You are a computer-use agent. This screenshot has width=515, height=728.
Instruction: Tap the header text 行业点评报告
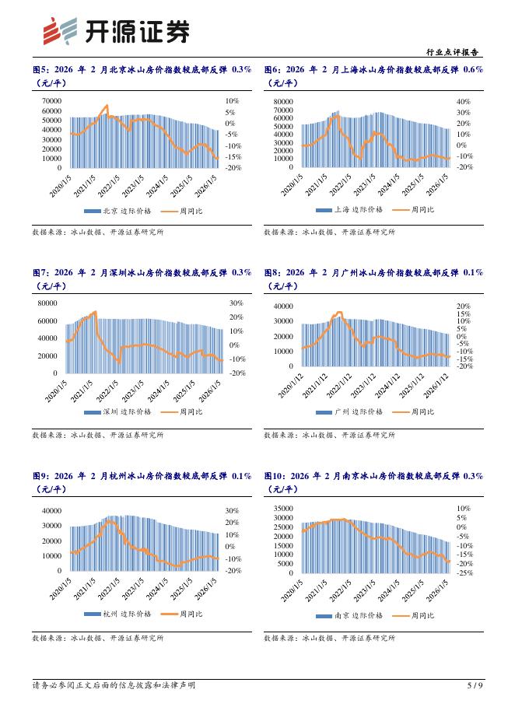454,52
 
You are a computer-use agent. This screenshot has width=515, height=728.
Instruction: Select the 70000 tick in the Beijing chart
51,101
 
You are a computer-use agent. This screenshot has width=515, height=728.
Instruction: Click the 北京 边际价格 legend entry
118,210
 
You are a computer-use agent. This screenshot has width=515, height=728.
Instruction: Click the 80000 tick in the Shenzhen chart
51,303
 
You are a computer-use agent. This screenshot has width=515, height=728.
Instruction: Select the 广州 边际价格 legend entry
349,411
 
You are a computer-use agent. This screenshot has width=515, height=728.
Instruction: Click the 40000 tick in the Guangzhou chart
282,306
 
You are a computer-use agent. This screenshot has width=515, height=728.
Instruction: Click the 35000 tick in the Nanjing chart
282,508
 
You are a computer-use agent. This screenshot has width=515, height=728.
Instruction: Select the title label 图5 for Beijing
40,69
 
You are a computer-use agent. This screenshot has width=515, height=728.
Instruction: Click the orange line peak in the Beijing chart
107,106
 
